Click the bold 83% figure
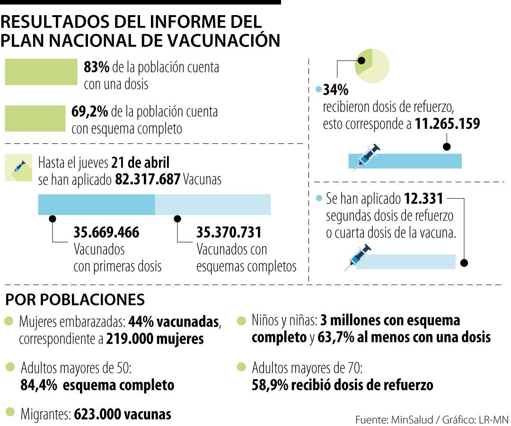(x=97, y=67)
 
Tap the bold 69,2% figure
(x=90, y=112)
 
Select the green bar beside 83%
(x=41, y=72)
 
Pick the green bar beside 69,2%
(x=35, y=118)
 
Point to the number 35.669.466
(x=106, y=233)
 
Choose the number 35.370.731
(x=229, y=233)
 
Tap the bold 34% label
(x=335, y=89)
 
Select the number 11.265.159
(x=448, y=124)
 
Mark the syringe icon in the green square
(x=19, y=167)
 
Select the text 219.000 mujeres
(x=155, y=339)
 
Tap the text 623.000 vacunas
(x=122, y=414)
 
